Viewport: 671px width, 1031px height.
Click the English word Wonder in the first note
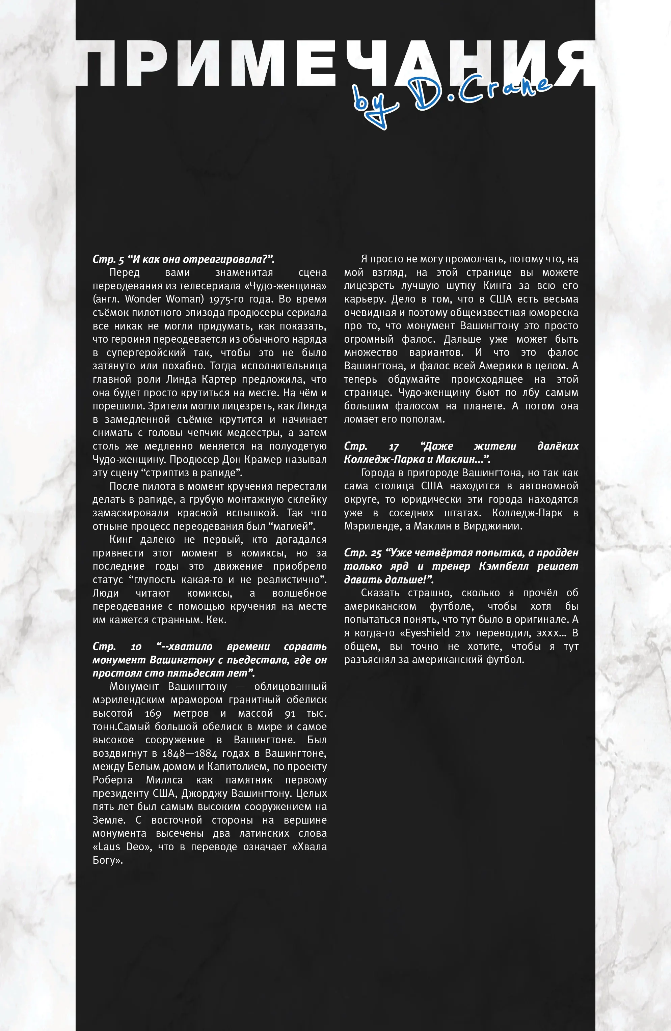143,299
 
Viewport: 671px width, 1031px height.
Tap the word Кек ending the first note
215,620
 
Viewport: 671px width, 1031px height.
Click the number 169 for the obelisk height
153,713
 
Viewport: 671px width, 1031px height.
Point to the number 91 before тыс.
290,713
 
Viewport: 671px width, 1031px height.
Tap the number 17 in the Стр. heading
394,446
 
